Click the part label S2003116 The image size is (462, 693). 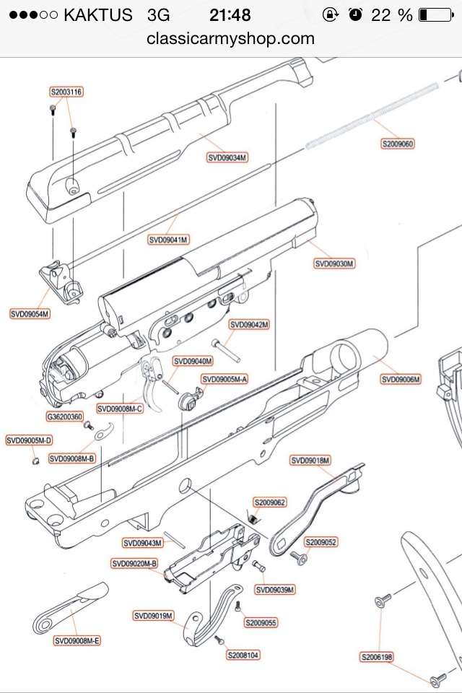coord(66,92)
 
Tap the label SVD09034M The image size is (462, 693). coord(227,157)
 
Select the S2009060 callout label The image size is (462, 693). coord(398,144)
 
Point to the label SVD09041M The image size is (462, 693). coord(168,239)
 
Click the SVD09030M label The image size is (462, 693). coord(334,264)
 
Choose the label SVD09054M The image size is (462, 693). coord(30,313)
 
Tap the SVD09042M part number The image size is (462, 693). coord(249,325)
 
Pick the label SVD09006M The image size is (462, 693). coord(401,380)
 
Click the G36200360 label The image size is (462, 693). coord(65,417)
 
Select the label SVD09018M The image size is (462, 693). coord(310,461)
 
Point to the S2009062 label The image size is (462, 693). coord(269,502)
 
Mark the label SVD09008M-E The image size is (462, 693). coord(78,640)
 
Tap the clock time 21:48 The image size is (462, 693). coord(230,14)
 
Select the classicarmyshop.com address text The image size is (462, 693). coord(230,38)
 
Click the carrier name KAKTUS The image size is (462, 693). coord(98,14)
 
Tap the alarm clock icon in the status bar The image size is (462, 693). coord(354,14)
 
